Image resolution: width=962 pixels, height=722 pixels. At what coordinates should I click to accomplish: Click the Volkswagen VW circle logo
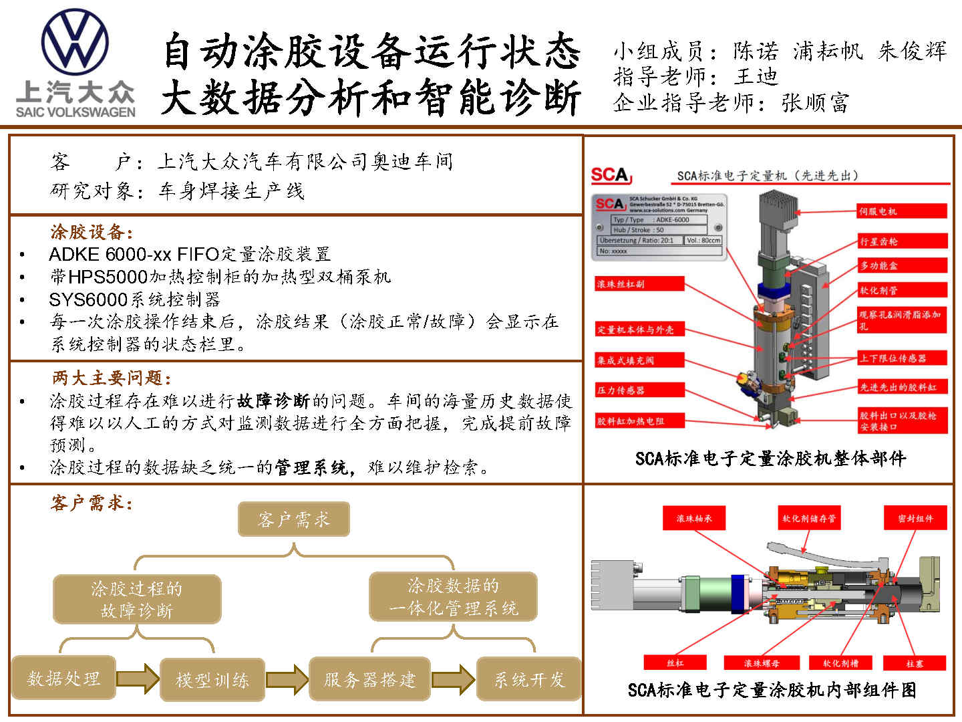(75, 41)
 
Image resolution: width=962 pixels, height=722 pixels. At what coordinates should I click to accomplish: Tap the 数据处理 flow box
(63, 679)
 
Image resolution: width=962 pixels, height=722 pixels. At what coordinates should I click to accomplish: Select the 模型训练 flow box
(212, 680)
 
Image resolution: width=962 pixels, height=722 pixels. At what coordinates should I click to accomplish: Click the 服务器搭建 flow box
(369, 680)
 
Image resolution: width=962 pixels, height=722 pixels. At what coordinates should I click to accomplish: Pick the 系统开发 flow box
(528, 680)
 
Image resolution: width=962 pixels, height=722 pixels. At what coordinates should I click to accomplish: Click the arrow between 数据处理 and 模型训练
(138, 679)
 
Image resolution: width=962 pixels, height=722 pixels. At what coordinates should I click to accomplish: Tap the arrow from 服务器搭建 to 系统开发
(453, 679)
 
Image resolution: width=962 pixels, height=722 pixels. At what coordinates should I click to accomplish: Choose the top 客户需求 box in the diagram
(294, 519)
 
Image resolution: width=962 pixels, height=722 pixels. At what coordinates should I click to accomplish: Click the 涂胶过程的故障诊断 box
(136, 599)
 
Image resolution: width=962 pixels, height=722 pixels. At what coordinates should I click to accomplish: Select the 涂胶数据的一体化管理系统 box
(453, 597)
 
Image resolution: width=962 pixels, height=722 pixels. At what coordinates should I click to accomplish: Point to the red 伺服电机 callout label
(902, 211)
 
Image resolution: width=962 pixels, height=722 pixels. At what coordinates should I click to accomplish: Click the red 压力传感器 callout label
(631, 390)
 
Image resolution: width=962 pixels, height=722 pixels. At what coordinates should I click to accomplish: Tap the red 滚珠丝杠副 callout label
(639, 284)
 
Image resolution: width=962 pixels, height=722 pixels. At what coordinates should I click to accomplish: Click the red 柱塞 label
(915, 663)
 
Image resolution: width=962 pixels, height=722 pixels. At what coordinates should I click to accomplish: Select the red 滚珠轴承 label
(693, 518)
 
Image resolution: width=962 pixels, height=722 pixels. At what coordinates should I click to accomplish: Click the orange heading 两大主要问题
(112, 378)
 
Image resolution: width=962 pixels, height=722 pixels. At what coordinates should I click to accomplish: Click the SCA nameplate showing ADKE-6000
(659, 226)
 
